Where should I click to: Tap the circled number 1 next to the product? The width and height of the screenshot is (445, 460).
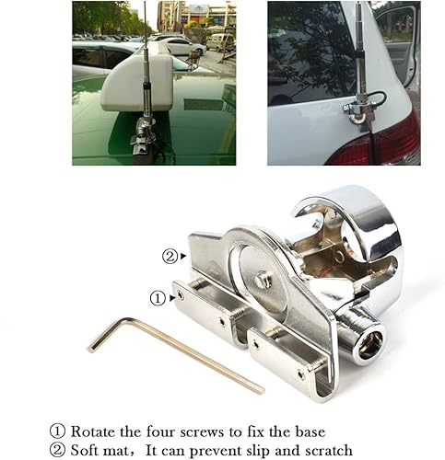pyautogui.click(x=158, y=299)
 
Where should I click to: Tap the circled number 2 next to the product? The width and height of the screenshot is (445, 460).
pyautogui.click(x=170, y=257)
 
